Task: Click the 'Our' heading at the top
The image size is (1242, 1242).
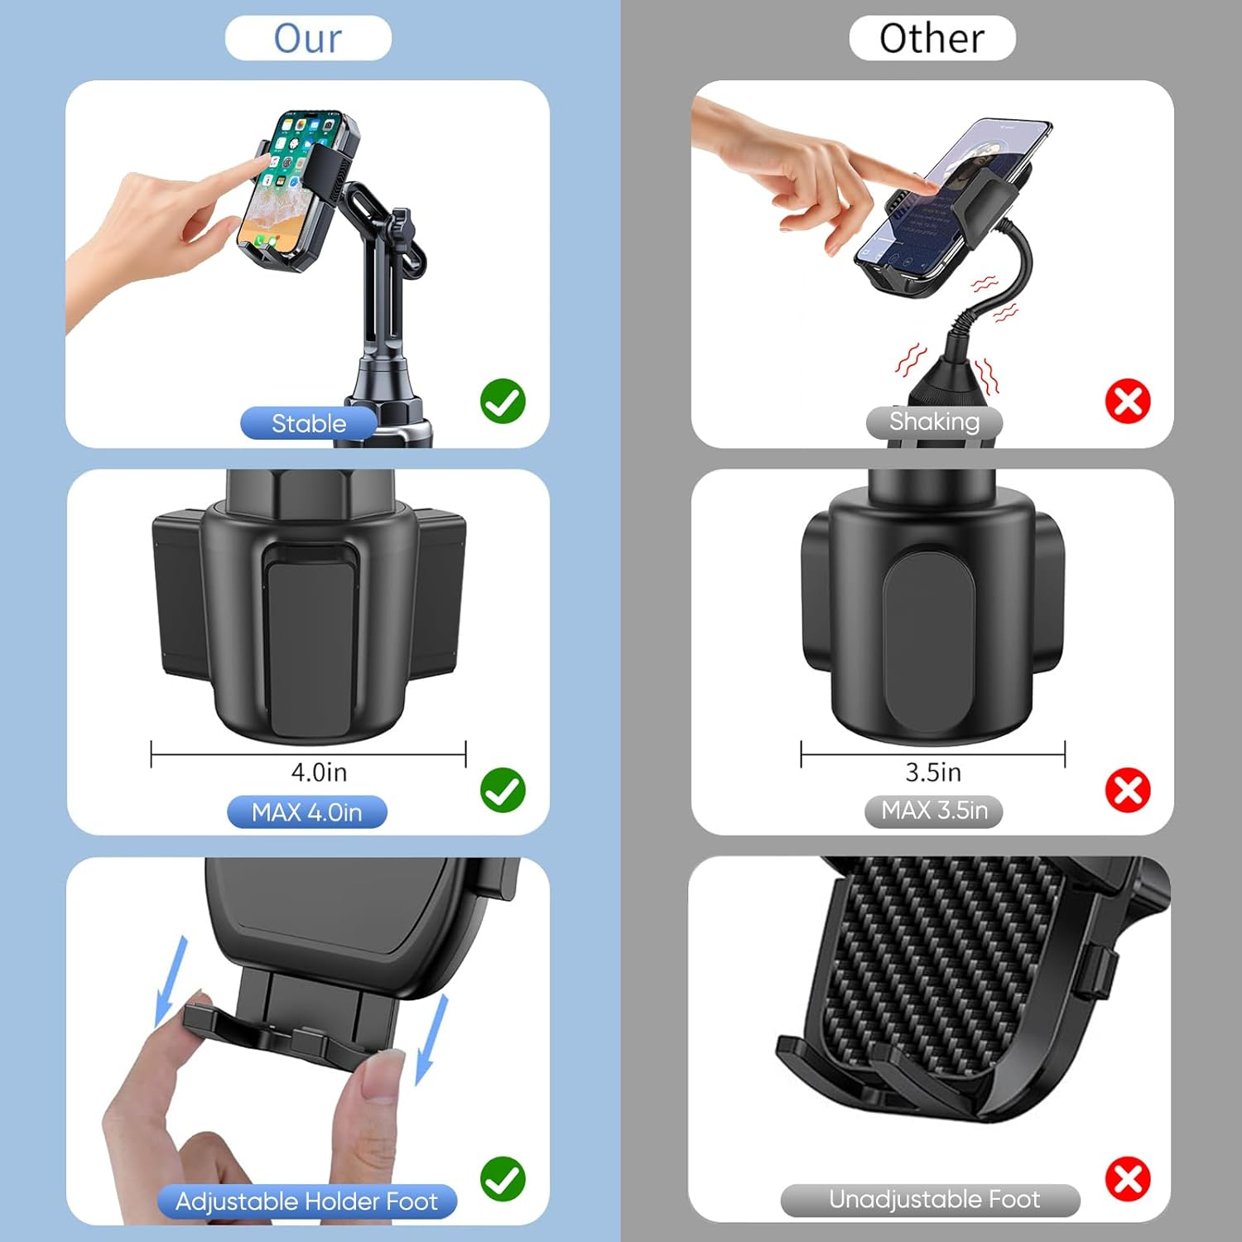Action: [308, 38]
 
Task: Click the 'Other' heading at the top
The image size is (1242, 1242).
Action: [931, 38]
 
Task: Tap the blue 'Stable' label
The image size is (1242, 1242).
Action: [309, 423]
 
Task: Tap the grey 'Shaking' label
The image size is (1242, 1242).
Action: [934, 421]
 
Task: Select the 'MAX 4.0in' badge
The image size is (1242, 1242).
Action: [306, 812]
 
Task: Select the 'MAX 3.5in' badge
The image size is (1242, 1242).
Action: [934, 811]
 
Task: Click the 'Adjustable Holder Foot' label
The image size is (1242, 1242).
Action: [306, 1201]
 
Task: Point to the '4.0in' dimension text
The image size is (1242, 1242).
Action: [319, 773]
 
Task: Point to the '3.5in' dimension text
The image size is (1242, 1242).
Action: [933, 773]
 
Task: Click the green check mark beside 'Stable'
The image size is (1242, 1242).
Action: [503, 402]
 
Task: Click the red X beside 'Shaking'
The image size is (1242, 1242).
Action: [1128, 402]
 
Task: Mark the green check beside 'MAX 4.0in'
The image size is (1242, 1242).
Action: [503, 790]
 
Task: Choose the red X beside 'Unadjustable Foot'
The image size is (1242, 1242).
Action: [1128, 1179]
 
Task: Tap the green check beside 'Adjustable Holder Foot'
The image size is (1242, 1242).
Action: [503, 1179]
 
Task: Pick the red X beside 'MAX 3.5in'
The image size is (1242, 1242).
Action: [1128, 790]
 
